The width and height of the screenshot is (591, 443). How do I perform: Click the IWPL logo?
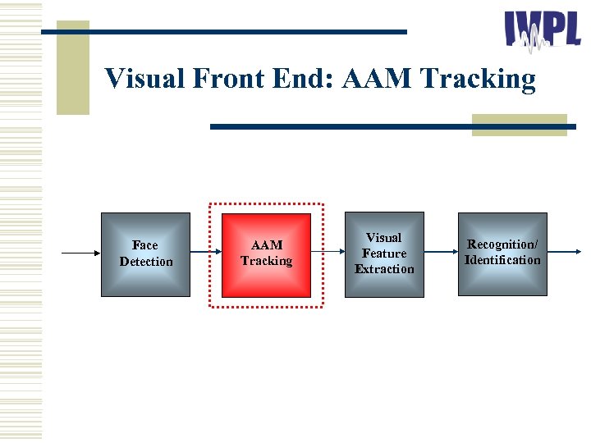543,32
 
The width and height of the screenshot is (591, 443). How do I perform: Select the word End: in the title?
307,80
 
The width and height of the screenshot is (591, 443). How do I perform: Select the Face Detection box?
145,254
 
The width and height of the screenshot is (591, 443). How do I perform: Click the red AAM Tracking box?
267,254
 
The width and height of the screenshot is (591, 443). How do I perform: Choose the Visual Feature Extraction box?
384,253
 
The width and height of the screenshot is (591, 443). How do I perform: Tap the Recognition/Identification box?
502,253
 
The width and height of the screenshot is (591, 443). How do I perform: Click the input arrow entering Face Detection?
80,253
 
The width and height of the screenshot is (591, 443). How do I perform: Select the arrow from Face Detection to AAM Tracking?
206,253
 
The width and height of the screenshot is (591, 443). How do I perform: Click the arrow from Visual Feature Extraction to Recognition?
441,253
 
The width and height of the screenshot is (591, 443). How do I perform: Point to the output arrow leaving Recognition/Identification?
566,253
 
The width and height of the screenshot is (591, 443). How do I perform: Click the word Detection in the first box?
146,262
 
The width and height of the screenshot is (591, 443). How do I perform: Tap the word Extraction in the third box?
384,269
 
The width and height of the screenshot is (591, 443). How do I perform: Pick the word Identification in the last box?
502,261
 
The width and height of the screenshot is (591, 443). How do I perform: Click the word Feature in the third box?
384,253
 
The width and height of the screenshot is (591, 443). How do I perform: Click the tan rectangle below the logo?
519,124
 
